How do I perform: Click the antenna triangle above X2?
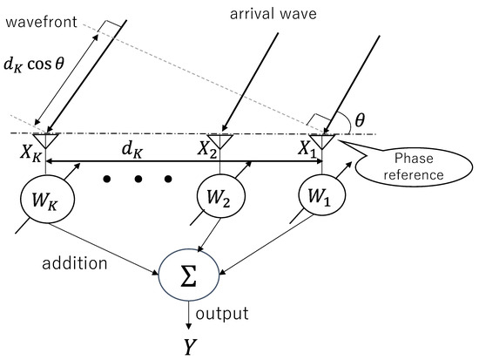(224, 138)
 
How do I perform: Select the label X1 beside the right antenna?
(307, 148)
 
